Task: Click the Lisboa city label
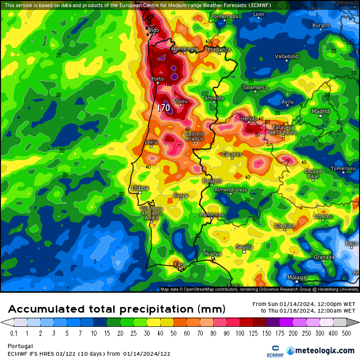tap(140, 188)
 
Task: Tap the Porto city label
tap(157, 79)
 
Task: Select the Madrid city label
tap(321, 111)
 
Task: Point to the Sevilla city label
tap(244, 247)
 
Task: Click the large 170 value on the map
tap(163, 108)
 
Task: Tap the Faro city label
tap(180, 264)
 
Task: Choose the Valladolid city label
tap(287, 56)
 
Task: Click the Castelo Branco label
tap(194, 136)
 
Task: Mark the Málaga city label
tap(297, 278)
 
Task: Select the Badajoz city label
tap(212, 181)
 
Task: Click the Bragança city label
tap(219, 49)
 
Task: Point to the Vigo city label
tap(153, 30)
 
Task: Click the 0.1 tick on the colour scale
tap(14, 333)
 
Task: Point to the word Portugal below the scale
tap(20, 346)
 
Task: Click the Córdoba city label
tap(285, 225)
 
